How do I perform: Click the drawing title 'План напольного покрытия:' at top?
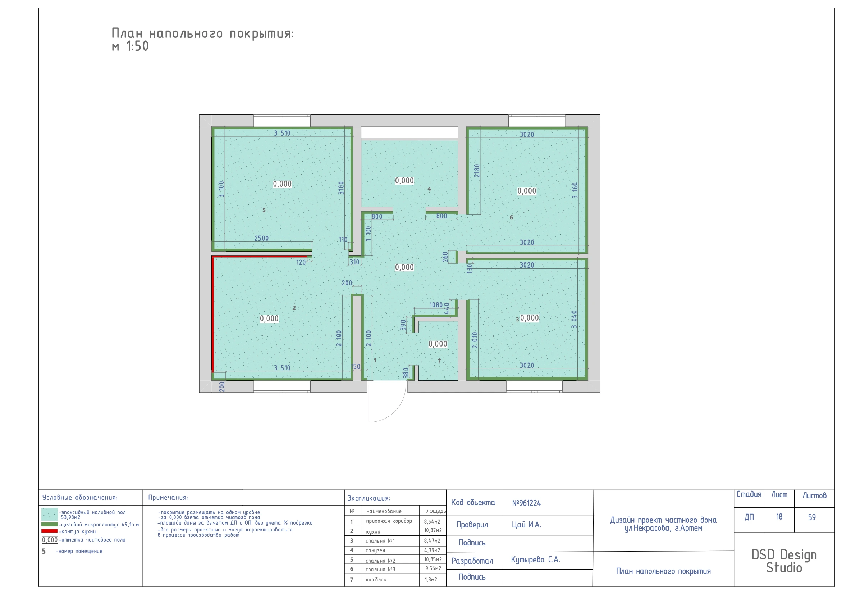point(202,33)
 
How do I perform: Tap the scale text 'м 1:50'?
point(130,46)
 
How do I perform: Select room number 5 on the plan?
point(264,210)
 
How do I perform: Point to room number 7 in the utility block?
point(439,361)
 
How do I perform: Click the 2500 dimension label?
point(261,238)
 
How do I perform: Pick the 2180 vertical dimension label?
point(477,170)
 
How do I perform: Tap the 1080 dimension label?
point(436,305)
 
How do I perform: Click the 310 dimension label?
point(354,262)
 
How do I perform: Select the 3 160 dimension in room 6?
point(575,191)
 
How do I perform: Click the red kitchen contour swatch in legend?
point(50,531)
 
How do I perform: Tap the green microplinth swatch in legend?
point(50,524)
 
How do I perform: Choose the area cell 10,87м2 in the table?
point(433,530)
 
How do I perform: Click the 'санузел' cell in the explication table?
point(376,550)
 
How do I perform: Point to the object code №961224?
point(527,503)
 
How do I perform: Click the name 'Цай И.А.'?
point(527,525)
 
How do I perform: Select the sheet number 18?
point(779,517)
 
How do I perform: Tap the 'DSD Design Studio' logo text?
point(784,561)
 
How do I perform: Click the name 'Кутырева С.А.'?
point(535,559)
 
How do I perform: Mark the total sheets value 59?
point(812,517)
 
